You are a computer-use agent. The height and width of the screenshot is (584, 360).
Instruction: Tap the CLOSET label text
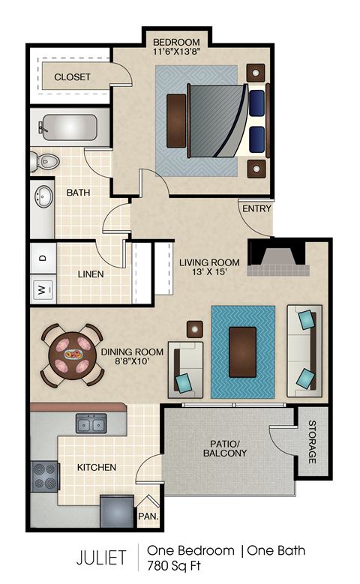tap(72, 77)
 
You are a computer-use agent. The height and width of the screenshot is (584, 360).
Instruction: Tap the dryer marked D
tap(43, 258)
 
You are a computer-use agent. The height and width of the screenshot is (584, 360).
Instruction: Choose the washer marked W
tap(43, 288)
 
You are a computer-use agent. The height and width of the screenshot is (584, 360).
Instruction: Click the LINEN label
tap(91, 274)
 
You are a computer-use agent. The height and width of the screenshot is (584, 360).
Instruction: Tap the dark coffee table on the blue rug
tap(242, 352)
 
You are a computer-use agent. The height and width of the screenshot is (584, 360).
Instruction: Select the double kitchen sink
tap(91, 425)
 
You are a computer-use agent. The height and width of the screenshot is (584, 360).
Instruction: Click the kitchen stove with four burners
tap(45, 476)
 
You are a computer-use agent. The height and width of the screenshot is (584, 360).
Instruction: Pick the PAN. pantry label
tap(147, 516)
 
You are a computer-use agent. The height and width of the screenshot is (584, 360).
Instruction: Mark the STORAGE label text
tap(312, 442)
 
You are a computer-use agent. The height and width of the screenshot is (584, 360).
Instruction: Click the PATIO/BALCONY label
tap(224, 448)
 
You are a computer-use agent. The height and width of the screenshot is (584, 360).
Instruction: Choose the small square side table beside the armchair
tap(194, 328)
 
